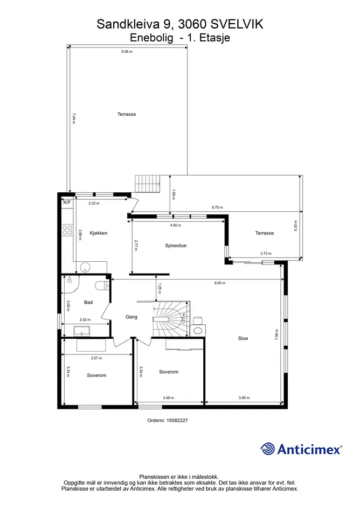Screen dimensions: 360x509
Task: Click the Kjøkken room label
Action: [x=99, y=233]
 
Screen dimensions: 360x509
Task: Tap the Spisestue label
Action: [x=176, y=246]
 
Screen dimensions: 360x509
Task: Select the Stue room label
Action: [x=243, y=338]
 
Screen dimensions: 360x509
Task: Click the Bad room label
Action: [x=88, y=302]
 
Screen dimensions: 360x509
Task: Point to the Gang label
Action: [x=131, y=317]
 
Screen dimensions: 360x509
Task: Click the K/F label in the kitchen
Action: [x=67, y=202]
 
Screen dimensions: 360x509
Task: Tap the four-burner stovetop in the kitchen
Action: [x=67, y=230]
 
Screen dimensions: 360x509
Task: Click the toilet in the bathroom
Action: [x=102, y=285]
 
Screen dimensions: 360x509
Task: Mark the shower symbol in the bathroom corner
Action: [x=70, y=280]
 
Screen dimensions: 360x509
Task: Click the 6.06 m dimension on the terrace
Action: [x=127, y=51]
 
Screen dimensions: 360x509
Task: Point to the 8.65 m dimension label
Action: [x=220, y=283]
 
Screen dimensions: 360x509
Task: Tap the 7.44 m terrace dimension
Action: [x=74, y=118]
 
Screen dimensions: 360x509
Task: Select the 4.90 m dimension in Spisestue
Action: [x=176, y=225]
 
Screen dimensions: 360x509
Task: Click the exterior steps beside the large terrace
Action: [x=148, y=184]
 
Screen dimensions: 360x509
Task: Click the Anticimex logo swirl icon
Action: [x=267, y=449]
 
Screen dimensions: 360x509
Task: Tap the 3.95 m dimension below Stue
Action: [x=244, y=398]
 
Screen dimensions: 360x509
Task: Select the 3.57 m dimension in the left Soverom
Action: [x=96, y=358]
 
